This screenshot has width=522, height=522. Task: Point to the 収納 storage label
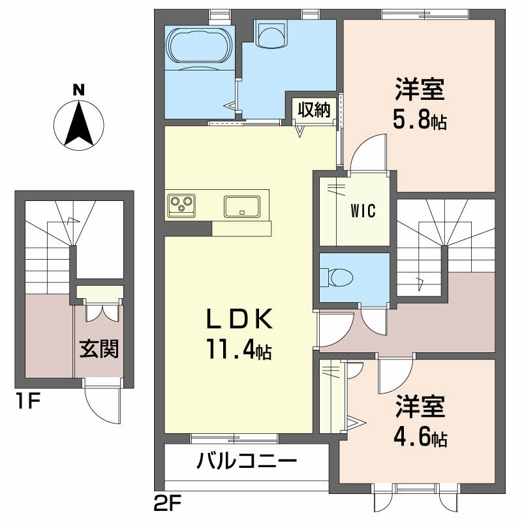[x=314, y=110]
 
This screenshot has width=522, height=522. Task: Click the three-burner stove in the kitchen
[x=181, y=206]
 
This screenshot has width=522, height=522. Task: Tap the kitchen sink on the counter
[x=243, y=206]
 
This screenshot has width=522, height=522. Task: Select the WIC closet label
[x=362, y=211]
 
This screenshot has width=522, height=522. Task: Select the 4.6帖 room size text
[x=420, y=437]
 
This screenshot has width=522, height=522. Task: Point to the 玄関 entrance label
[x=99, y=349]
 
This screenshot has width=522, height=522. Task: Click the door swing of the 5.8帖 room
[x=369, y=151]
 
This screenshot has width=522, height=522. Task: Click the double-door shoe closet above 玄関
[x=99, y=307]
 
